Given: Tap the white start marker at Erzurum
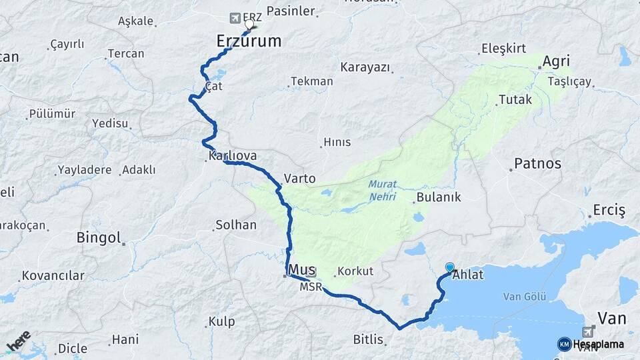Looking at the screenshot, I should click(x=249, y=25).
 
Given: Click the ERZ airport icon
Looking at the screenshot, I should click(x=234, y=17).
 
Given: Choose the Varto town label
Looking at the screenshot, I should click(x=299, y=179).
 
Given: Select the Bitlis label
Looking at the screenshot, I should click(x=369, y=339).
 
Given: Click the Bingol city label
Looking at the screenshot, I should click(x=99, y=237).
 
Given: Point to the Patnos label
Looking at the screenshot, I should click(x=538, y=163).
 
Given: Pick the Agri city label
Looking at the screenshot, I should click(x=556, y=61).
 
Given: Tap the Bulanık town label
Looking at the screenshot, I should click(x=438, y=197).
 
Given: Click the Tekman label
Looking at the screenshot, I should click(x=311, y=81).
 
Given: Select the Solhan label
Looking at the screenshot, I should click(x=236, y=225).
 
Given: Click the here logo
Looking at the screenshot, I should click(x=19, y=341).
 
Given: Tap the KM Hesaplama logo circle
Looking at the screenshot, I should click(x=564, y=344).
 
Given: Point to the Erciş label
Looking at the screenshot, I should click(x=609, y=211).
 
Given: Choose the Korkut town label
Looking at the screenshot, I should click(x=355, y=271).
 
